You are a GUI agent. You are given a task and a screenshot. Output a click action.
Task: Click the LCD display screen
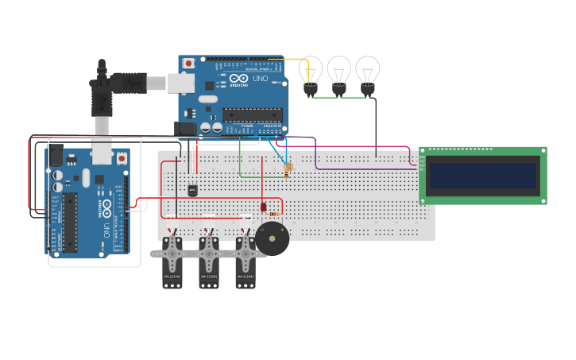point(483,176)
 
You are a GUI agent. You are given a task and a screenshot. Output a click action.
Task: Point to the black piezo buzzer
point(272,238)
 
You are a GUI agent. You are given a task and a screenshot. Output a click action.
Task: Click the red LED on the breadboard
point(263,207)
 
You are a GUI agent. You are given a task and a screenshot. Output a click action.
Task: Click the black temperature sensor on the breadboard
point(191,190)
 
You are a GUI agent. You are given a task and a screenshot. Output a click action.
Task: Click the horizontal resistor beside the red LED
point(274,214)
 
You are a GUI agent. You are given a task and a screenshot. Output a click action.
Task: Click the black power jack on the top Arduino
point(185,127)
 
